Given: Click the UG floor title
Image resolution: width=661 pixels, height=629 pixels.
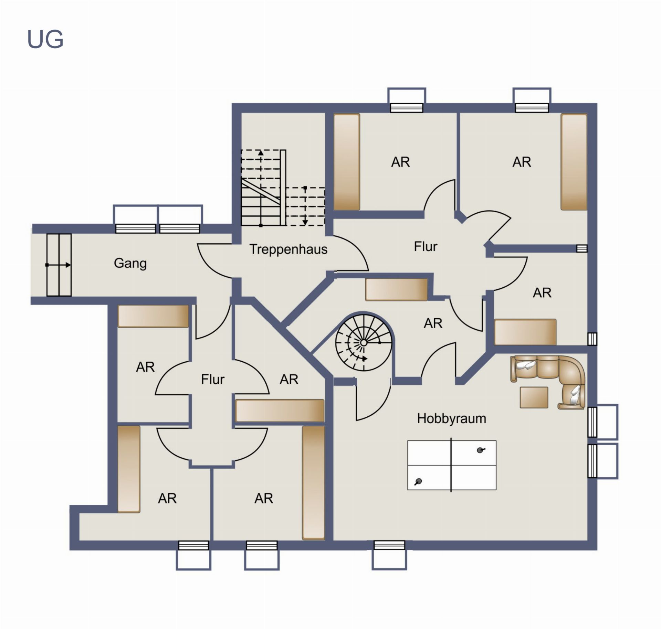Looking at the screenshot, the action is point(45,39).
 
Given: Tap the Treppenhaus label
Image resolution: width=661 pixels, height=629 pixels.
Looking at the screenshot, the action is point(288,249).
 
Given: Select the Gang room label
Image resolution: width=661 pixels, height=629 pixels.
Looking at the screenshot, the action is point(130,263).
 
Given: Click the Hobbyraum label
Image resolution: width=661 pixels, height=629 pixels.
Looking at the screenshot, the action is point(451,419).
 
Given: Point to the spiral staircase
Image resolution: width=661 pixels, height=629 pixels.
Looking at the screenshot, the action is point(364,342).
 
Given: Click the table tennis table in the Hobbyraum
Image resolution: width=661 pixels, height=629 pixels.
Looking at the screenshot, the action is point(452,465).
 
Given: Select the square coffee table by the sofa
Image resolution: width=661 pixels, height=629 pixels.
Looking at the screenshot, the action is point(534,397).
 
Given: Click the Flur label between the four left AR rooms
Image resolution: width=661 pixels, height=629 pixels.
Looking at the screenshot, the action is point(212,379).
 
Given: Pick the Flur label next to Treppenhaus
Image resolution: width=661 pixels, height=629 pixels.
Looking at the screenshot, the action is point(426,246).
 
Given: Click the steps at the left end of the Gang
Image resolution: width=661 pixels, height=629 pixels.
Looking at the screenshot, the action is point(59,265).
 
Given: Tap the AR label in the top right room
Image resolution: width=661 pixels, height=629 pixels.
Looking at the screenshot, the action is point(522,162).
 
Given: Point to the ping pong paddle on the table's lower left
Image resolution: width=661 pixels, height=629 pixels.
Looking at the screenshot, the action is point(418,481).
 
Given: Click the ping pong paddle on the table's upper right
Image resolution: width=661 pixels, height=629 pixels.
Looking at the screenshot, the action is point(481,450).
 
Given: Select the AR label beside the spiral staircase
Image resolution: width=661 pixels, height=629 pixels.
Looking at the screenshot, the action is point(433,323).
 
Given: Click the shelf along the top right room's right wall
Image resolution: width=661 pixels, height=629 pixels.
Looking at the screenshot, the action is point(574,162).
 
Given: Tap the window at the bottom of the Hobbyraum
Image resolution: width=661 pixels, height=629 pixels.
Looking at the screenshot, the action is point(389,555).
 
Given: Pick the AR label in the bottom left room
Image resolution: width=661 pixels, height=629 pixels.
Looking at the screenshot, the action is point(167,498).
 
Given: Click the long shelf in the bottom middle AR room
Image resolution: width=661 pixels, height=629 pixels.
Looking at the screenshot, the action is point(313,483).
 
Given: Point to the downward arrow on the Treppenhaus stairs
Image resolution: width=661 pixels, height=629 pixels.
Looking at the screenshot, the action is point(305,206).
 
